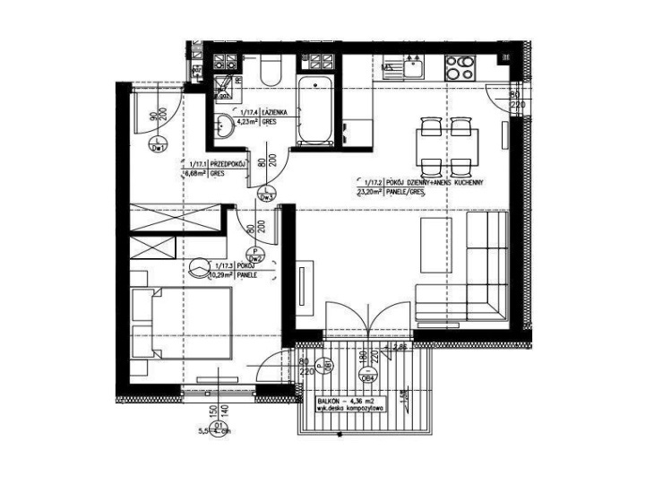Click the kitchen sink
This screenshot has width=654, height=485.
414,65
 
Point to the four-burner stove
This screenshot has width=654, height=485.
460,65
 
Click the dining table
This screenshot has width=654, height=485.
447,143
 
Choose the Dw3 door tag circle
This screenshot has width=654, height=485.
265,195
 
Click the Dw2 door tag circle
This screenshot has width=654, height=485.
255,256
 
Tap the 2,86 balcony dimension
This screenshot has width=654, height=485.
400,346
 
